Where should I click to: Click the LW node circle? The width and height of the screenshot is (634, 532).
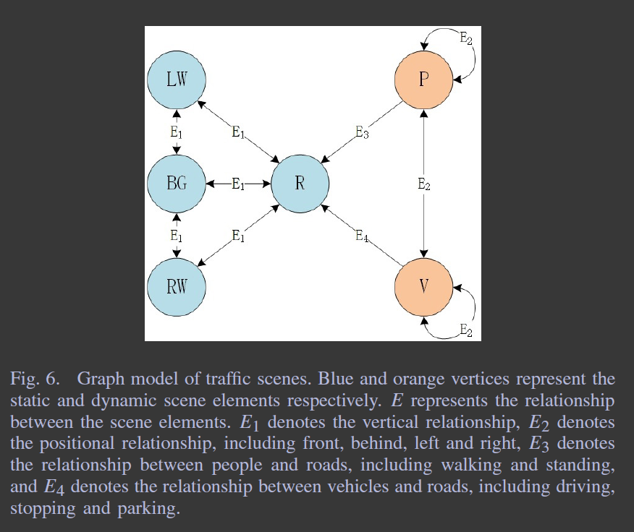pos(177,80)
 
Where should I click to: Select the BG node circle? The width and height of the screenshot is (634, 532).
pos(177,184)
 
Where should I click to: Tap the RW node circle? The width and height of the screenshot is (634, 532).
pos(177,287)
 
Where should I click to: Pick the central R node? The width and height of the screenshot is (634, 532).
pos(300,184)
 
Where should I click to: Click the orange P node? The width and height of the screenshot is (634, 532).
pos(424,80)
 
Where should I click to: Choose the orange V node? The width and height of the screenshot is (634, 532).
pos(424,287)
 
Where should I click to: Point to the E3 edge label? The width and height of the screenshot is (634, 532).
pos(363,132)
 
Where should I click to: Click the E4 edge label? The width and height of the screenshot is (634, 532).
pos(363,236)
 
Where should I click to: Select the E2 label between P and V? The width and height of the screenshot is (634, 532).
pos(424,184)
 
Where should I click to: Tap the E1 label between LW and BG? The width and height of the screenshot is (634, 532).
pos(177,132)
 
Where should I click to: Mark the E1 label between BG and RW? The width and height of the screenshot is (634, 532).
pos(177,236)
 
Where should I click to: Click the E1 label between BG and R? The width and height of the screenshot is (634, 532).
pos(238,184)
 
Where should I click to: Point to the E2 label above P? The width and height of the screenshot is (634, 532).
pos(467,38)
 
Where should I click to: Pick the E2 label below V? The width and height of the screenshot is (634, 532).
pos(467,331)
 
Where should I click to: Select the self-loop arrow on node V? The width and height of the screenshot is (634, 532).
pos(463,314)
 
